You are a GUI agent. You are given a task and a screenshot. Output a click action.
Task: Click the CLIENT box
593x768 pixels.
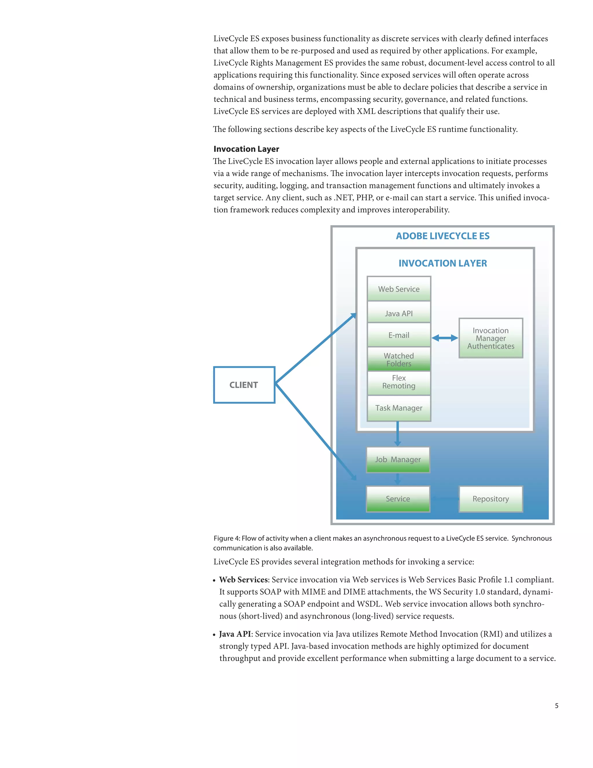[244, 385]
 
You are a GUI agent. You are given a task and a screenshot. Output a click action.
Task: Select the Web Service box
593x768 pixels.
[399, 289]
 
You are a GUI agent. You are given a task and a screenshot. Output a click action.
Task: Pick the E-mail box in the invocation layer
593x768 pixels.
[399, 335]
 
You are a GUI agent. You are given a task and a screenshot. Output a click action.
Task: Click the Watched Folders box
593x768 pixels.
[399, 359]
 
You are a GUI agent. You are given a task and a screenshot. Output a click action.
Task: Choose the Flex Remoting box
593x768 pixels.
[399, 382]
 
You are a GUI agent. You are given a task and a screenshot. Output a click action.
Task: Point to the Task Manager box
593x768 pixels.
[399, 408]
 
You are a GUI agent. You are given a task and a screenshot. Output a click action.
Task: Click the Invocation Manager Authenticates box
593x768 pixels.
[490, 338]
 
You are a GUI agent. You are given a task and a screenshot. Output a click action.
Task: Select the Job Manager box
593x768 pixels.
[398, 459]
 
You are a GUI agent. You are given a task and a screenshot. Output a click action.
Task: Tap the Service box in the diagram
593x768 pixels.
[398, 499]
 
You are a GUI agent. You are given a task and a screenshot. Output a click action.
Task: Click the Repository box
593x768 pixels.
[490, 499]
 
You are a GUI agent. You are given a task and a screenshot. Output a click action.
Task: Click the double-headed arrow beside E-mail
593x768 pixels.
[445, 338]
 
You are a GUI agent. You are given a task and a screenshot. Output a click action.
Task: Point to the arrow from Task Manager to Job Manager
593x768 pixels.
[398, 434]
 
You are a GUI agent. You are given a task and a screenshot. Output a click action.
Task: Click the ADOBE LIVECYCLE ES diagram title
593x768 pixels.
[442, 236]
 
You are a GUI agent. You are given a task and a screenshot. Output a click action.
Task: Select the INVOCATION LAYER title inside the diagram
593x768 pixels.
[442, 263]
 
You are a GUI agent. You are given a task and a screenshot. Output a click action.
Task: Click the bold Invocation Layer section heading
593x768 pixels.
[246, 149]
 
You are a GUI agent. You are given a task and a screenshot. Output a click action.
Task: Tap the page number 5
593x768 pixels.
[557, 705]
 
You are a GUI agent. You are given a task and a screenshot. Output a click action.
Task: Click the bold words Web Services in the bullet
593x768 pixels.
[244, 580]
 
